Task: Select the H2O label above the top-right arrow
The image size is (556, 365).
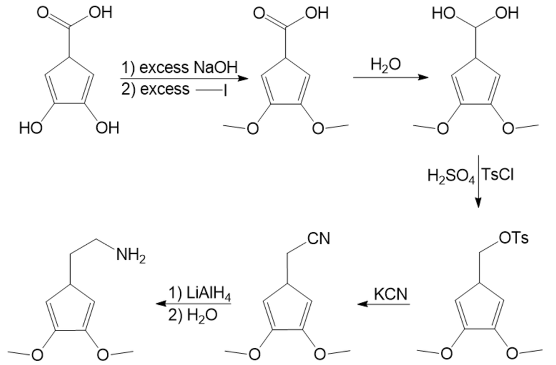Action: point(385,65)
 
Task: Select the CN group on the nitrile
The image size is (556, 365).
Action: point(319,239)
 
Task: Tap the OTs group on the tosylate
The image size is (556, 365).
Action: point(513,239)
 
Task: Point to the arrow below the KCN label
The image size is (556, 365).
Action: point(384,304)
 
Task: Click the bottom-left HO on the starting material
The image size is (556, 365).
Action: point(31,129)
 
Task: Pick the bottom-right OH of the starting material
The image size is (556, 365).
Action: point(107,129)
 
